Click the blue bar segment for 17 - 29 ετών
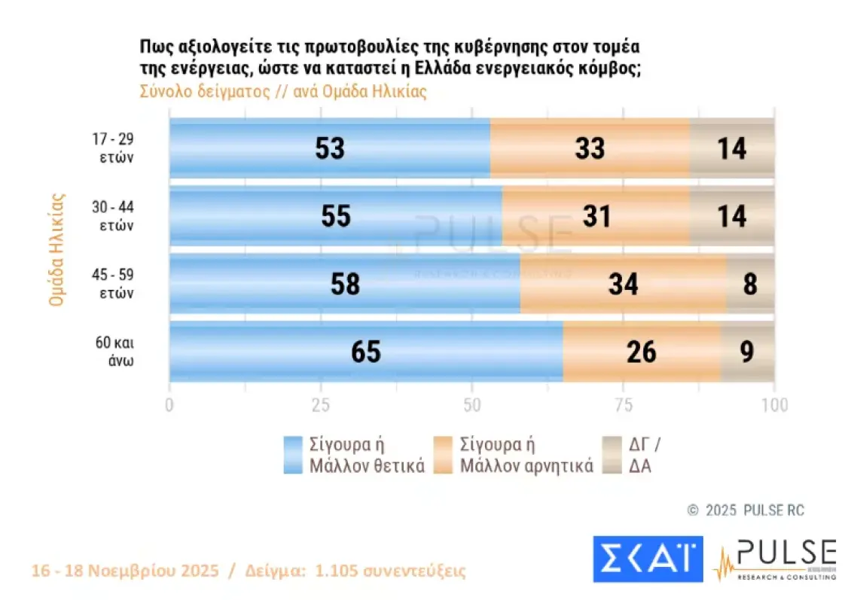tap(329, 148)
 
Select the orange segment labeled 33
tap(590, 148)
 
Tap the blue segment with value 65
tap(366, 352)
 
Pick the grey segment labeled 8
tap(749, 284)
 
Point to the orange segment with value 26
tap(641, 352)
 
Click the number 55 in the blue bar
tap(335, 217)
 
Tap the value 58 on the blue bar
tap(345, 285)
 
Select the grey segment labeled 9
tap(747, 352)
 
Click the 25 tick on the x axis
tap(321, 405)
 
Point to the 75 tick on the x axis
tap(623, 405)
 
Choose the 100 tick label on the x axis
tap(774, 405)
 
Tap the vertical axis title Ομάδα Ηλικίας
tap(56, 251)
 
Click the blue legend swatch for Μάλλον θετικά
tap(294, 455)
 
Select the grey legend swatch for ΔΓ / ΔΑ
tap(613, 455)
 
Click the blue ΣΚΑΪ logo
tap(648, 559)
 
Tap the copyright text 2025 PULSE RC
tap(754, 510)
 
